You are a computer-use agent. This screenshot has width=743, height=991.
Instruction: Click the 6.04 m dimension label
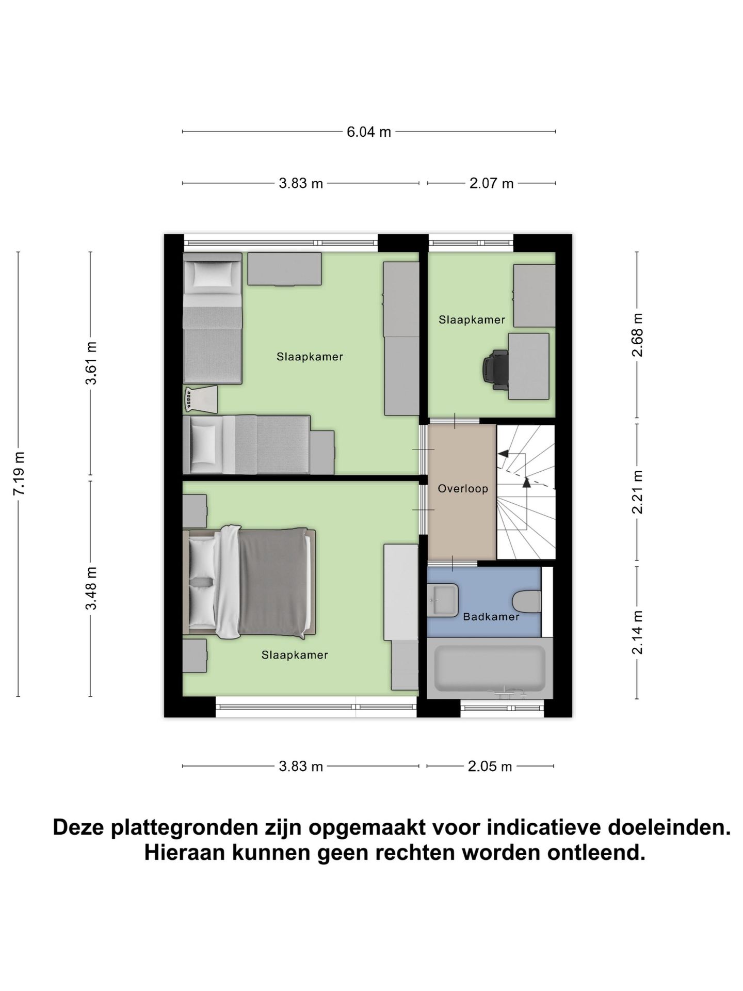(368, 132)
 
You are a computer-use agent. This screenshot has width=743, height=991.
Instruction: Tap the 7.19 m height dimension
(19, 473)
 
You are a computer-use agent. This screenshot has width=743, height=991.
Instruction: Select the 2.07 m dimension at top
(491, 183)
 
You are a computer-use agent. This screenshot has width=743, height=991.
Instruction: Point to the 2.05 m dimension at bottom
(490, 766)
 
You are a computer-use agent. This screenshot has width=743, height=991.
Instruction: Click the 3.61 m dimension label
(91, 363)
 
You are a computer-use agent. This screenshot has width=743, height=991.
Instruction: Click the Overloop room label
(463, 488)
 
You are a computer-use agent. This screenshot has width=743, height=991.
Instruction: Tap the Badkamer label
(491, 616)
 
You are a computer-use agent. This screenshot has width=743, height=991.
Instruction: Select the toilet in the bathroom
(527, 601)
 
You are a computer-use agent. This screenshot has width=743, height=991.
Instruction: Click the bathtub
(489, 668)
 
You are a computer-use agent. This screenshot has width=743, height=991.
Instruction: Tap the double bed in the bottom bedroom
(251, 582)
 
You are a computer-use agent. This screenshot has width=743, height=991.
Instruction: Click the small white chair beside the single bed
(200, 399)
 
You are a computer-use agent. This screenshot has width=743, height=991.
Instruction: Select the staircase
(525, 491)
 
